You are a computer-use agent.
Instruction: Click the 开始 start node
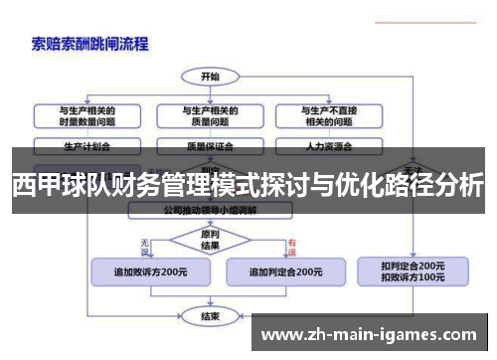(211, 76)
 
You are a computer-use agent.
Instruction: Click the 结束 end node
(210, 316)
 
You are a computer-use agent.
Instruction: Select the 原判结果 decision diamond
(210, 241)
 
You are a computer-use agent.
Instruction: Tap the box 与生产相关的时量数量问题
(86, 115)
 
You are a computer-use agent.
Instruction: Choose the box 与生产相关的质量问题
(211, 115)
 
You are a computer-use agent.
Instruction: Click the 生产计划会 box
(86, 144)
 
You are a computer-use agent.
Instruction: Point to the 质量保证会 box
(211, 144)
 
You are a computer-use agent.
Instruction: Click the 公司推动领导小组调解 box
(211, 211)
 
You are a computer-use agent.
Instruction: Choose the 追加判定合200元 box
(284, 271)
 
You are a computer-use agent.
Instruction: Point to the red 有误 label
(292, 244)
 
